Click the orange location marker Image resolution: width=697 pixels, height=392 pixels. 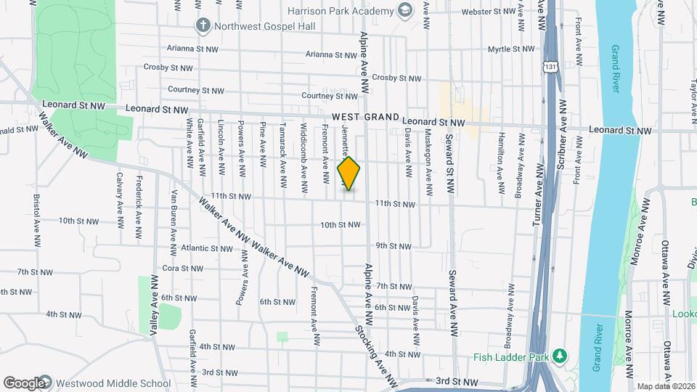click(x=349, y=173)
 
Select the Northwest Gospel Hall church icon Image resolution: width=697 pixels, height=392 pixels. click(x=203, y=25)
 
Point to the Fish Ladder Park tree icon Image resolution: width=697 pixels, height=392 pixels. click(x=559, y=356)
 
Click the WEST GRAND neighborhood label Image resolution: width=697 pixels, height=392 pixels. click(x=366, y=118)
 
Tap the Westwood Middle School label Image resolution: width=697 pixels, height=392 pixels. click(x=114, y=383)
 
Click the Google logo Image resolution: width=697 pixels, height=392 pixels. click(x=25, y=383)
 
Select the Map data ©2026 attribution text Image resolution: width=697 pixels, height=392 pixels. click(x=665, y=385)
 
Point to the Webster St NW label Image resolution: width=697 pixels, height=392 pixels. click(x=488, y=12)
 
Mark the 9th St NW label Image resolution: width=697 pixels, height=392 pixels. click(x=393, y=246)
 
